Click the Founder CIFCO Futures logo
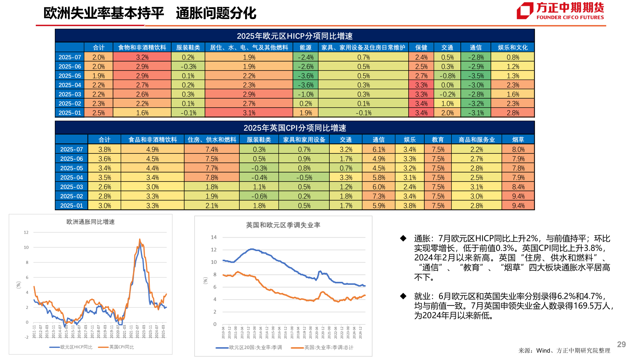pos(560,11)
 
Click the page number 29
pos(621,344)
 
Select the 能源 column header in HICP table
pos(305,47)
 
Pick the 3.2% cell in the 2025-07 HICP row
pos(142,57)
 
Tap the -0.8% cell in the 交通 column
pos(447,76)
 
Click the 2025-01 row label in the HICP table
pos(70,113)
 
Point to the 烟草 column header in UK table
pos(518,140)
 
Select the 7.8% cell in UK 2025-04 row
pos(212,177)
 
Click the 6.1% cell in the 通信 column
pos(379,149)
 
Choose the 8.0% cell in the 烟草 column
pos(518,149)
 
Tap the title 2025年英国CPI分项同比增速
pos(295,128)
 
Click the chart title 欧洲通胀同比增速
pos(90,222)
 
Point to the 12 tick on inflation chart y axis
pos(26,232)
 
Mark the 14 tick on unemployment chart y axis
pos(214,237)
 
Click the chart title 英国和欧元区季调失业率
pos(283,225)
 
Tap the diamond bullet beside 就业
pos(403,296)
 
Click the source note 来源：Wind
pos(564,351)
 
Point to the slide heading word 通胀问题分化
pos(216,13)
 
